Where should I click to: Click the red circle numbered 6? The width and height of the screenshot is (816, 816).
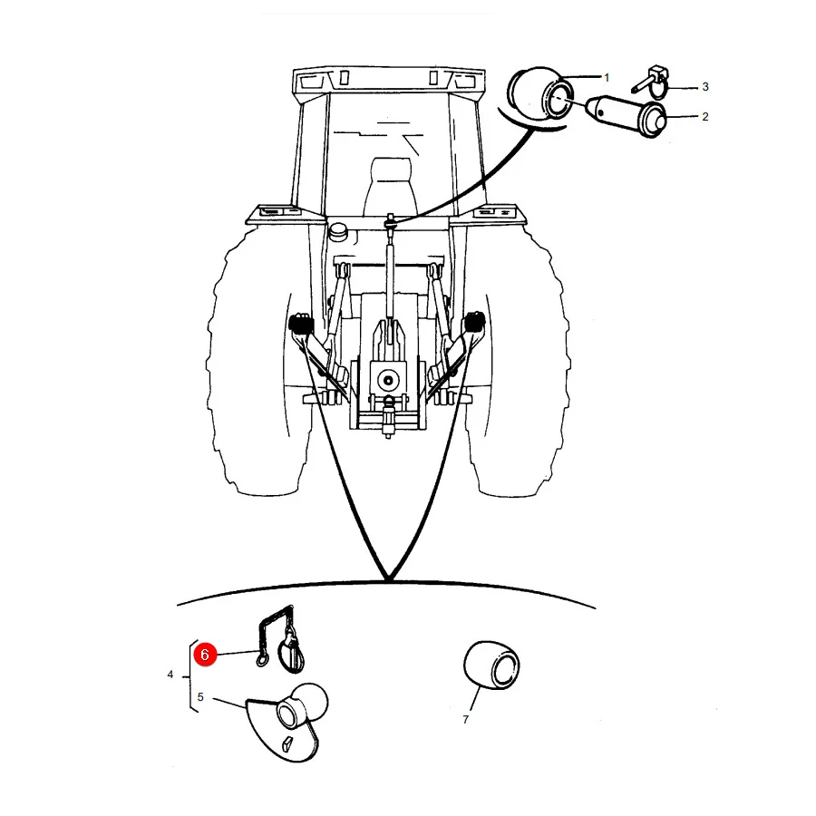point(205,654)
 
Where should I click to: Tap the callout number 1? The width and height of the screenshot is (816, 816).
point(607,78)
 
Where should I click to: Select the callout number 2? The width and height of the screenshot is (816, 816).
point(705,117)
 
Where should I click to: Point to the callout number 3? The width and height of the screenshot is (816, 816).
point(705,87)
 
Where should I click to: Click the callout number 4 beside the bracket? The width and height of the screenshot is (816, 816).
point(170,675)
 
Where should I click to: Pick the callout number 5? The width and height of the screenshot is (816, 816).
point(200,697)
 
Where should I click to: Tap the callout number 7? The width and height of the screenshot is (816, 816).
point(466,719)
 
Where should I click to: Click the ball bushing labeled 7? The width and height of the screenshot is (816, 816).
point(491,665)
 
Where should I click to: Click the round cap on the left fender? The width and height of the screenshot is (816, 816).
point(338,231)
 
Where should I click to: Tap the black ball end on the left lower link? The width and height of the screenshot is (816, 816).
point(300,323)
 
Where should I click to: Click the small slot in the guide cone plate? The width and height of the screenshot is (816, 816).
point(287,744)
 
